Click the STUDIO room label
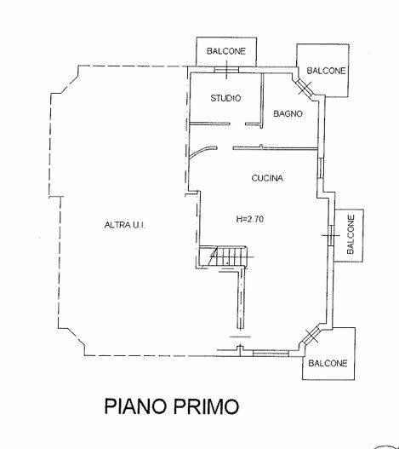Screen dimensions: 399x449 (x=225, y=98)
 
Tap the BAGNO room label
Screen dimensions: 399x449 (x=288, y=113)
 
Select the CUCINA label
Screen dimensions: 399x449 (x=267, y=178)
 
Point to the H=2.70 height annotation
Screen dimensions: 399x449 (x=250, y=219)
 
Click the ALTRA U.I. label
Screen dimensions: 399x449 (x=125, y=225)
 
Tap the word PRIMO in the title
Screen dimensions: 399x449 (x=206, y=406)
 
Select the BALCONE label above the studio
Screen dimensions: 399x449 (x=226, y=51)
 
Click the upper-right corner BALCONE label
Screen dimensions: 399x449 (x=326, y=71)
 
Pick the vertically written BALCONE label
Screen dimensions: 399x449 (x=351, y=234)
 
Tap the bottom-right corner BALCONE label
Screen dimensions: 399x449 (x=328, y=364)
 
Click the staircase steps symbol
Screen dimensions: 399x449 (x=227, y=256)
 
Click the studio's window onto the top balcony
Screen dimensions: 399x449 (x=226, y=70)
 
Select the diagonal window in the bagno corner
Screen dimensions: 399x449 (x=305, y=87)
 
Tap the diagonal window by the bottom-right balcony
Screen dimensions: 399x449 (x=311, y=335)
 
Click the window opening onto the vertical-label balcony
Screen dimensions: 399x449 (x=331, y=236)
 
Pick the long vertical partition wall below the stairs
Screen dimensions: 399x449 (x=241, y=299)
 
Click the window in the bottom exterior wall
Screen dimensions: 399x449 (x=271, y=354)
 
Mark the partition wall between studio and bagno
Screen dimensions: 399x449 (x=262, y=101)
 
